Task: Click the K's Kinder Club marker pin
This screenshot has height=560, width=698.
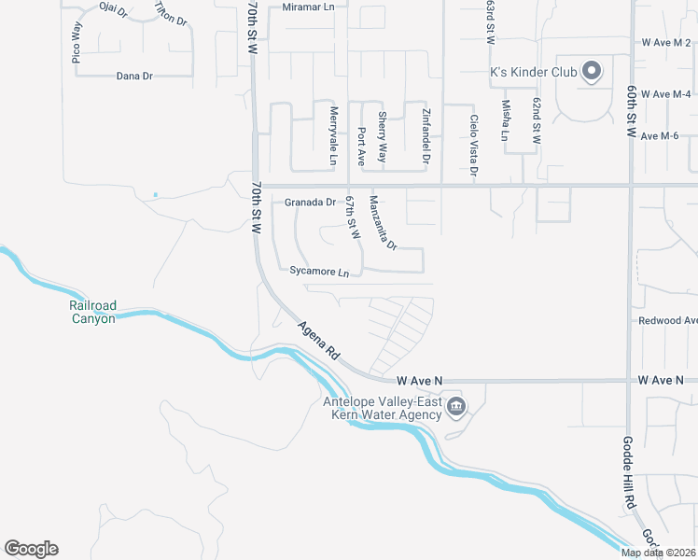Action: point(591,71)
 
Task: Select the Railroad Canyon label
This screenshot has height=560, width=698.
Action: point(92,313)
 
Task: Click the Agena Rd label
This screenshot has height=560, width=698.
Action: point(319,343)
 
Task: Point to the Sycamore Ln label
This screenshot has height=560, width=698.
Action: point(319,273)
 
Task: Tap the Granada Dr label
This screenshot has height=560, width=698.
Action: point(310,202)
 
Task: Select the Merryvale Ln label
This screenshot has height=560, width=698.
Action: point(333,135)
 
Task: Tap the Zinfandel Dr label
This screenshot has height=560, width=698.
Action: point(426,138)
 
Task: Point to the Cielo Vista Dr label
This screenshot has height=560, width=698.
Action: point(474,146)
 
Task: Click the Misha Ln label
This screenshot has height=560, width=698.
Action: point(505,121)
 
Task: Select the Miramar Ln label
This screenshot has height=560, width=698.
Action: point(309,7)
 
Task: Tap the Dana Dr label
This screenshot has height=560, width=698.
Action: point(134,77)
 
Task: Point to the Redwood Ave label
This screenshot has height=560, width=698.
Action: point(667,320)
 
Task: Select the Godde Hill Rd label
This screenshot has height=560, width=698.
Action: point(630,474)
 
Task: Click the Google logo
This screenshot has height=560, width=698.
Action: point(31,549)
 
